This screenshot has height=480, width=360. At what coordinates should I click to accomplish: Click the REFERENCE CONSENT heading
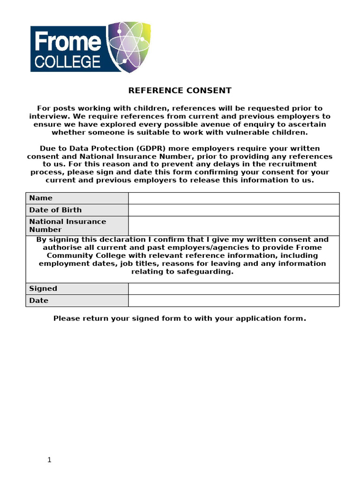180,90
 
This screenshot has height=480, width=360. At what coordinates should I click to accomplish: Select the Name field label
41,198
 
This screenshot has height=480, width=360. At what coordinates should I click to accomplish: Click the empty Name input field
233,198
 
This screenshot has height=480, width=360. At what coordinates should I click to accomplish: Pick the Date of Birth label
55,210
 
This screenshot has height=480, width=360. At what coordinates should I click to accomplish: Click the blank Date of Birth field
233,210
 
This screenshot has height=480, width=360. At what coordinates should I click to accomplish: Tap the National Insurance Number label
67,225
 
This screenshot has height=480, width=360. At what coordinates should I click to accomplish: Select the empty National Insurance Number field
233,225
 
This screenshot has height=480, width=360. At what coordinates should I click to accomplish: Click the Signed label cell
43,289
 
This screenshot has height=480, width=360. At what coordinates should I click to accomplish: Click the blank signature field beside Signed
233,289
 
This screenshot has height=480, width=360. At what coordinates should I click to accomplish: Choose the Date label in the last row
39,300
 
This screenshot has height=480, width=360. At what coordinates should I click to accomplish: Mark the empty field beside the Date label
233,300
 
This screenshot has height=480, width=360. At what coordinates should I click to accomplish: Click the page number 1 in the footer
49,460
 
